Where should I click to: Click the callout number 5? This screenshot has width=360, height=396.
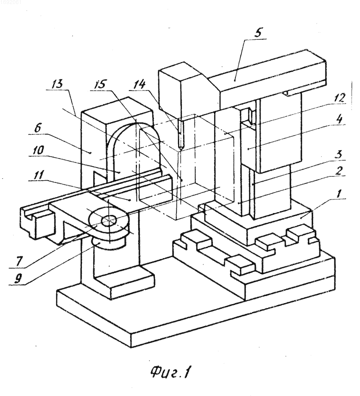click(258, 32)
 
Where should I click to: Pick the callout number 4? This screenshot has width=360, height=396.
click(340, 119)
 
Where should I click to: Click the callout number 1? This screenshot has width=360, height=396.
click(339, 194)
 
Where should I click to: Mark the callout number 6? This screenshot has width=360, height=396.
click(37, 128)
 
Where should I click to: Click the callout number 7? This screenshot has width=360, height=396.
click(19, 261)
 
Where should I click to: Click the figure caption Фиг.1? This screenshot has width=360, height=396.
click(171, 372)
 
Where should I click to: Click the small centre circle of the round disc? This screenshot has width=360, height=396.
click(109, 220)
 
